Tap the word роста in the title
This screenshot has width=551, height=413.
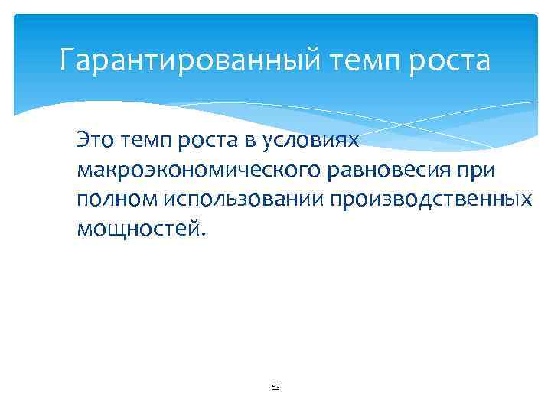tap(450, 60)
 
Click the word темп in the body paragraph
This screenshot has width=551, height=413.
tap(146, 140)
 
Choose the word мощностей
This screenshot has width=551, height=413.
tap(139, 228)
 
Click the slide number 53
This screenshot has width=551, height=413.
tap(275, 388)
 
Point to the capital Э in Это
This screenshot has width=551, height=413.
tap(82, 140)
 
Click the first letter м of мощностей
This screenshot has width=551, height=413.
tap(83, 228)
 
